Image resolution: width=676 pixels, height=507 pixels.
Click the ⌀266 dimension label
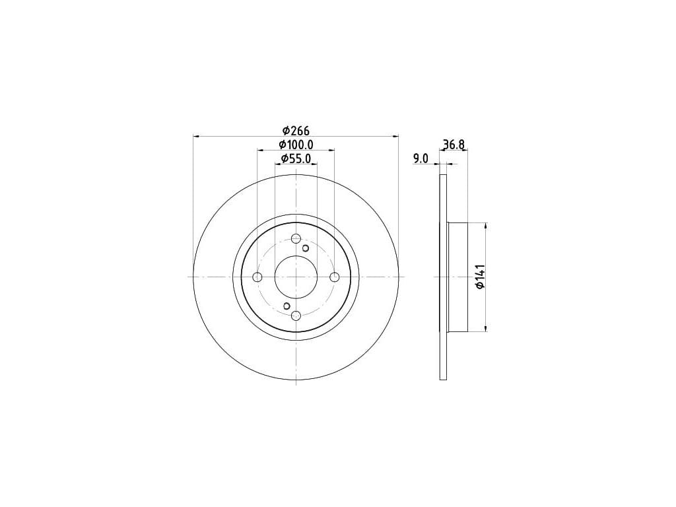point(296,130)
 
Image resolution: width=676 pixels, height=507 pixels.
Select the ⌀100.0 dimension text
point(296,145)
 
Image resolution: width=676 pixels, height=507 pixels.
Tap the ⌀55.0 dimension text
point(296,158)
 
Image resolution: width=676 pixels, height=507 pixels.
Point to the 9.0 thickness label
point(421,158)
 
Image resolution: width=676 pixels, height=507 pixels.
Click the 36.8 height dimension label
point(454,145)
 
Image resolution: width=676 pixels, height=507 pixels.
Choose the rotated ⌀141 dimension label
point(481,277)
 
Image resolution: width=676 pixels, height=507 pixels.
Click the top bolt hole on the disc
point(296,238)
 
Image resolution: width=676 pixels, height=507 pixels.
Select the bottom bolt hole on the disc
point(296,316)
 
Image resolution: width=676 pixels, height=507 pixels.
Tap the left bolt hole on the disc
point(257,277)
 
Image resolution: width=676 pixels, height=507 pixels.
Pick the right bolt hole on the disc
point(335,277)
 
